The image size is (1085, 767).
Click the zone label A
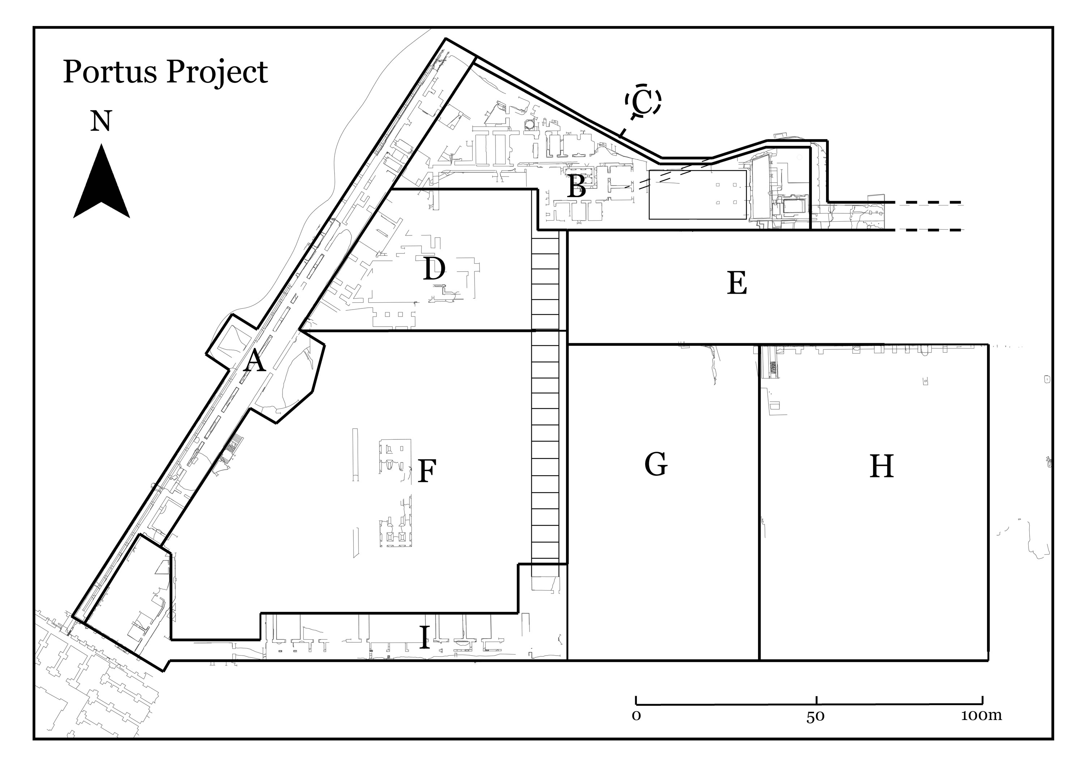click(x=254, y=361)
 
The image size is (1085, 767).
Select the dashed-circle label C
click(x=643, y=100)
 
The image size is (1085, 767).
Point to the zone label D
click(x=434, y=269)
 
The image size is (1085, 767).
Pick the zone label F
click(x=427, y=471)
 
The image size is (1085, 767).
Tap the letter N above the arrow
click(x=101, y=121)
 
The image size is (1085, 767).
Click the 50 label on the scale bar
click(x=815, y=716)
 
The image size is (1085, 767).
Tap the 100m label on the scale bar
click(x=981, y=715)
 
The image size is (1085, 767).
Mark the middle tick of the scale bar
click(x=817, y=701)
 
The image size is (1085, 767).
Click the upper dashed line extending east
click(x=928, y=203)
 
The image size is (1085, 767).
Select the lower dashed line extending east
click(x=928, y=230)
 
